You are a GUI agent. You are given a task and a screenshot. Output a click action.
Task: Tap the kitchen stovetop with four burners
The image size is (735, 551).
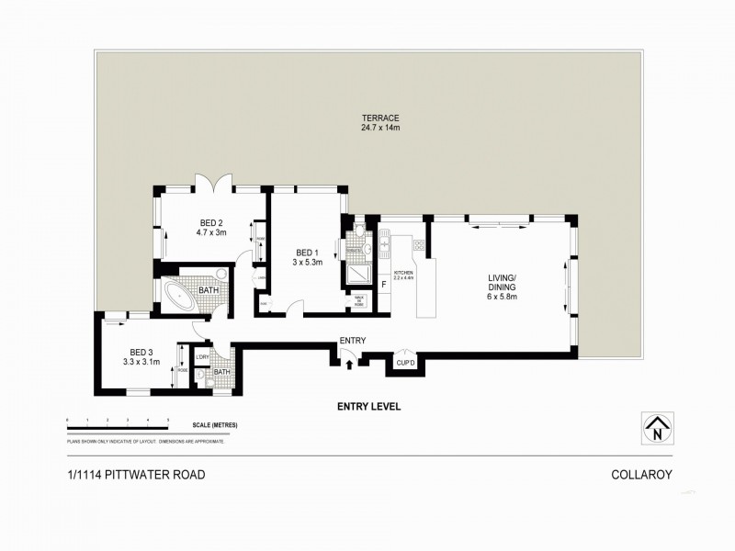click(419, 245)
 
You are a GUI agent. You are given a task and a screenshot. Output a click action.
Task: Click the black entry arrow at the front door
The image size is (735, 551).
click(350, 365)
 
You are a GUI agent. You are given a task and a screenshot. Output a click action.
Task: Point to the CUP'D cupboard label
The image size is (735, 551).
click(405, 364)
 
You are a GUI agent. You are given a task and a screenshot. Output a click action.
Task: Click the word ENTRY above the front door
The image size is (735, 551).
click(353, 342)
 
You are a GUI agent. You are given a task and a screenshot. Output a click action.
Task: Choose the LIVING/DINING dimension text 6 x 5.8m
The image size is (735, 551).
click(502, 297)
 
